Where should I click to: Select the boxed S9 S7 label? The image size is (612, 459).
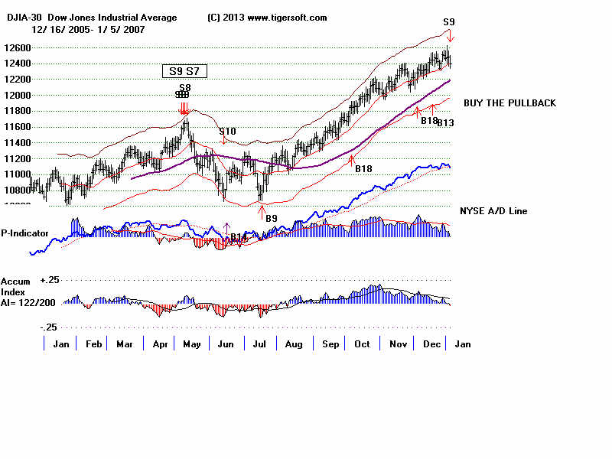click(184, 71)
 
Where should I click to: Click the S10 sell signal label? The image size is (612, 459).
click(227, 132)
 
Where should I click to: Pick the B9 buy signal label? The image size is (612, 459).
click(271, 218)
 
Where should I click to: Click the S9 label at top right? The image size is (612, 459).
click(450, 22)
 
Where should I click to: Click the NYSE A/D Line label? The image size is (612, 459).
click(493, 210)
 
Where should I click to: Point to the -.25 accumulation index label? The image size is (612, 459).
click(49, 327)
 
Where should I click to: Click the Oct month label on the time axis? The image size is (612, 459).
click(363, 344)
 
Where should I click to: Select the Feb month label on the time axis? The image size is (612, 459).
click(93, 344)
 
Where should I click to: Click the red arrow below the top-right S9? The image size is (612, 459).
click(451, 36)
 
